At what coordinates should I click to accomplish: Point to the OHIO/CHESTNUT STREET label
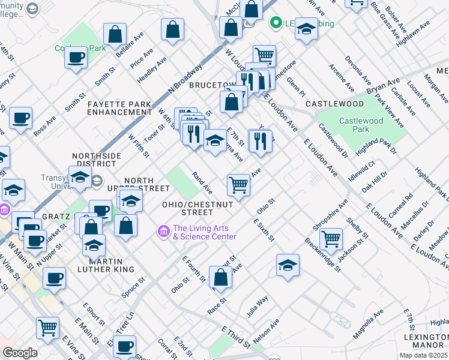point(188,208)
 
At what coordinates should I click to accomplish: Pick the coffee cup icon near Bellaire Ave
point(76,58)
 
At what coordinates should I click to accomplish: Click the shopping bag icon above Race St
point(221,277)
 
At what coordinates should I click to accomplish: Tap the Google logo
point(20,353)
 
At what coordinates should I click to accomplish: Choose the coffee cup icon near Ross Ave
point(20,118)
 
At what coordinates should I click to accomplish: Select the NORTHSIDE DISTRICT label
point(94,159)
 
